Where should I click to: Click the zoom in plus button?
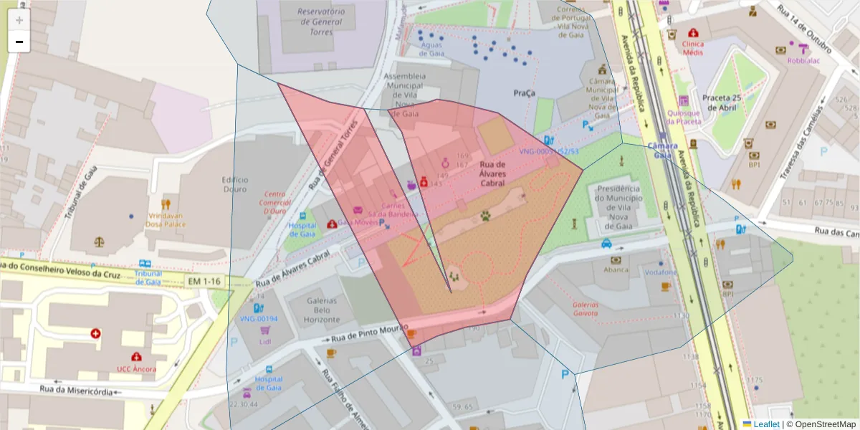pyautogui.click(x=19, y=20)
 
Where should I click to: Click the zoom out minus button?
pyautogui.click(x=19, y=42)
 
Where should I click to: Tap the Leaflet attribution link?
pyautogui.click(x=765, y=424)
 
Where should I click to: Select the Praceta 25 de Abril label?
pyautogui.click(x=720, y=102)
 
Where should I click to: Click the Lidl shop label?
pyautogui.click(x=265, y=342)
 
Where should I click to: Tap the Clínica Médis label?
pyautogui.click(x=693, y=48)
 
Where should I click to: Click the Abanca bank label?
pyautogui.click(x=616, y=270)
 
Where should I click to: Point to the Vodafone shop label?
pyautogui.click(x=660, y=273)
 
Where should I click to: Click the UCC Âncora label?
pyautogui.click(x=136, y=369)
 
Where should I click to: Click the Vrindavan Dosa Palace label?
pyautogui.click(x=166, y=219)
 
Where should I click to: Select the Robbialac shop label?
pyautogui.click(x=807, y=61)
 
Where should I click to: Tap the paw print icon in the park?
pyautogui.click(x=487, y=214)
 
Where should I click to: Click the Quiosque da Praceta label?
pyautogui.click(x=684, y=117)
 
